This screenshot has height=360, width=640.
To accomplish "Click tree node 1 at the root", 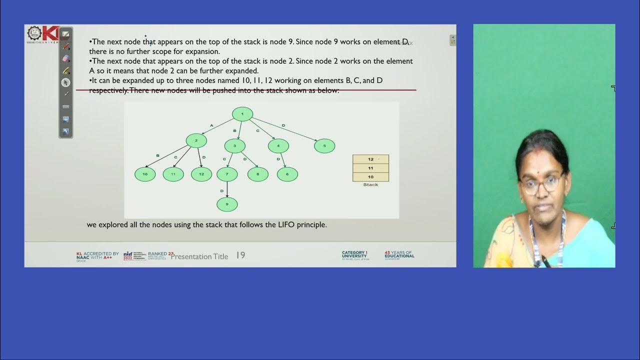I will (x=242, y=114).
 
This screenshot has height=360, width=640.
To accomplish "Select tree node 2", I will (x=196, y=140).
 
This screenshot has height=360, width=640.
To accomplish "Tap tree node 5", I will (x=324, y=146).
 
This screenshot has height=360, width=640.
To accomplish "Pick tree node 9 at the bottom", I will (x=227, y=204).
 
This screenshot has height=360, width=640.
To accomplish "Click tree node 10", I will (x=145, y=174).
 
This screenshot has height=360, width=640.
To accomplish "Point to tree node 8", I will (x=258, y=174).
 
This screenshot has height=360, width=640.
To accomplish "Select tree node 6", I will (x=287, y=174).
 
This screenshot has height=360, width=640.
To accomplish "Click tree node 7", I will (x=227, y=174).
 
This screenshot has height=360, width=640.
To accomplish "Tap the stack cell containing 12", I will (x=370, y=159).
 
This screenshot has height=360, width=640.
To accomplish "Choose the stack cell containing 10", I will (x=370, y=177).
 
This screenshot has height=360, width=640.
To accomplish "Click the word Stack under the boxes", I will (x=370, y=185).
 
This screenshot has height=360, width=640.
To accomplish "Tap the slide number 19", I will (x=240, y=255).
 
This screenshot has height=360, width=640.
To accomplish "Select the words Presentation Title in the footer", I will (x=199, y=256).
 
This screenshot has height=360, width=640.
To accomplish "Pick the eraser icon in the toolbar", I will (x=65, y=58).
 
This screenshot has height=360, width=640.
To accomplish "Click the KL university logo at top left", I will (x=43, y=34).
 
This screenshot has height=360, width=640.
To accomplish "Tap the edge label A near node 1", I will (x=211, y=125).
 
